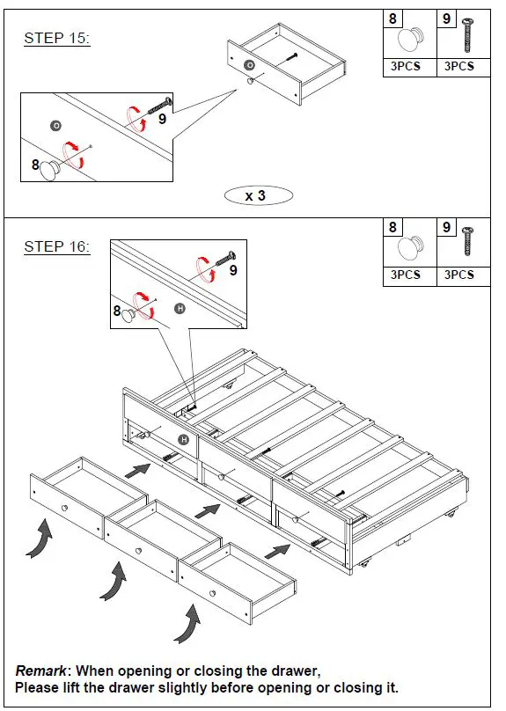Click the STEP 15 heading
[x=57, y=38]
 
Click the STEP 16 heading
[x=57, y=246]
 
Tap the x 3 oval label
[x=259, y=195]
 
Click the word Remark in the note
[x=40, y=671]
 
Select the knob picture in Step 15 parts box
[x=411, y=40]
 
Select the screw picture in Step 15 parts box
[x=467, y=35]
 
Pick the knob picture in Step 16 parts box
[x=411, y=247]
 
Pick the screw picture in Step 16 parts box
[x=467, y=242]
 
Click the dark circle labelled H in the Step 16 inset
[x=180, y=309]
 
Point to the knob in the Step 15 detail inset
[x=50, y=170]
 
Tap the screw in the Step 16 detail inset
[x=226, y=259]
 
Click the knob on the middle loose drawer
[x=138, y=551]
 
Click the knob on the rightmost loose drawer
[x=212, y=593]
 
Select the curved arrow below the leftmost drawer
[x=39, y=540]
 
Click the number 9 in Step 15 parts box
[x=447, y=18]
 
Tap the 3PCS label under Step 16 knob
[x=406, y=275]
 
